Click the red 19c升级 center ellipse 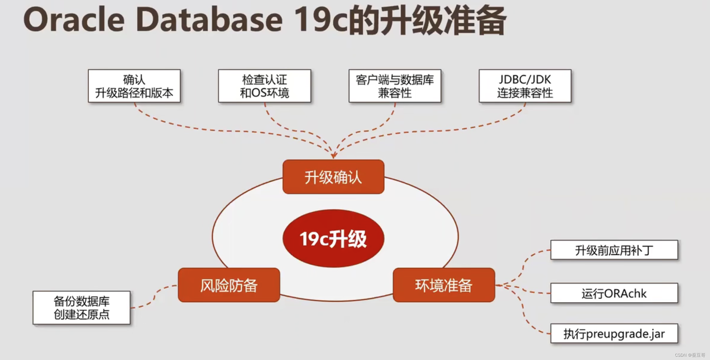click(x=333, y=238)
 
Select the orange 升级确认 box click(x=333, y=177)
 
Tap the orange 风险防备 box click(x=229, y=285)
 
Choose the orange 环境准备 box click(x=444, y=285)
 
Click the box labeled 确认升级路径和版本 click(x=134, y=86)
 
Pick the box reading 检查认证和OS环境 click(x=265, y=86)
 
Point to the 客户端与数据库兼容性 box click(x=395, y=86)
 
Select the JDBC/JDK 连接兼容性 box click(x=525, y=86)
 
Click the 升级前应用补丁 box click(x=614, y=250)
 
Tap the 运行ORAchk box click(x=614, y=293)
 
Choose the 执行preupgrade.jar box click(x=614, y=334)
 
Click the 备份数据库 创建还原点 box click(x=82, y=308)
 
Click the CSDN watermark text click(x=690, y=355)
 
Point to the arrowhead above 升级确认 click(x=334, y=156)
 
